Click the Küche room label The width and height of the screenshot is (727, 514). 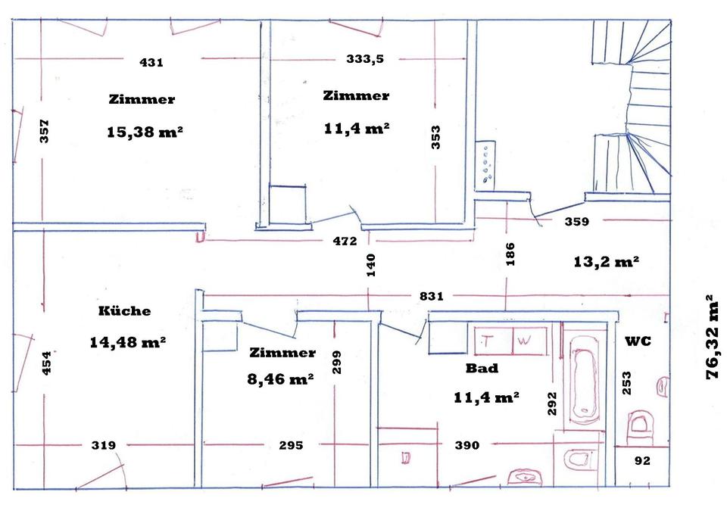point(124,311)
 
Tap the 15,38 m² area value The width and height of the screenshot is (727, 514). point(145,132)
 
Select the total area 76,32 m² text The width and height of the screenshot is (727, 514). point(713,337)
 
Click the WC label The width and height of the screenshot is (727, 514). point(638,341)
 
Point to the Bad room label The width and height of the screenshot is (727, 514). point(482,369)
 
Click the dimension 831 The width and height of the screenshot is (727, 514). point(432,297)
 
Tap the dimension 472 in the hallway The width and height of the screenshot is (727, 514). point(345,241)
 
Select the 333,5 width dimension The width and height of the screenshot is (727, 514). point(365,59)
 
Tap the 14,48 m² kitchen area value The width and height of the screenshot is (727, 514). point(127,342)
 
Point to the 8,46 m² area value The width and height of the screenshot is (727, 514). point(281,379)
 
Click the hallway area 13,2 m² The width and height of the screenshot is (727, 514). point(606,261)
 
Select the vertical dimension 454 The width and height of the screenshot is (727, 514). point(46,363)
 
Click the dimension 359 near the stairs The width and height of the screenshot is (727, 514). point(578,223)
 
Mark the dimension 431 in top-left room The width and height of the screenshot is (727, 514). point(151,63)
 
